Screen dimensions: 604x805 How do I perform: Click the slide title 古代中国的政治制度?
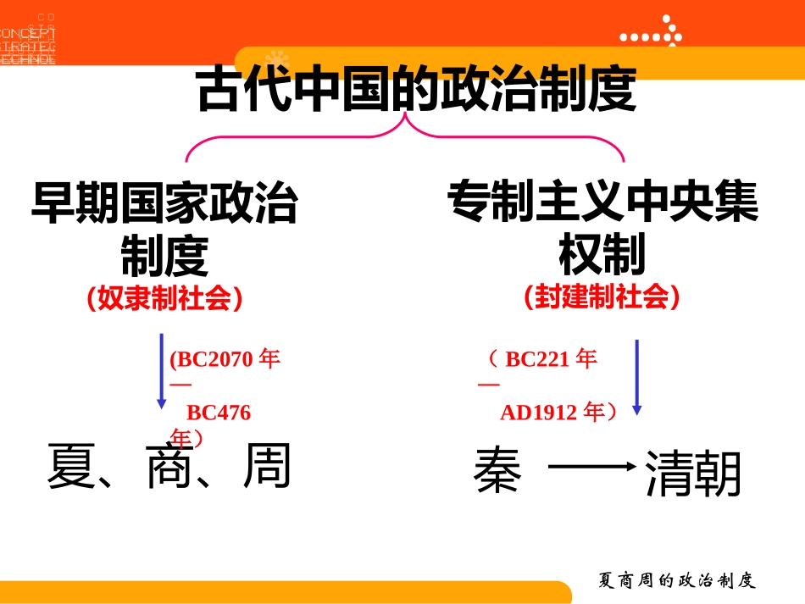point(415,90)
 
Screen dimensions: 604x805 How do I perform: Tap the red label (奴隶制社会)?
point(164,298)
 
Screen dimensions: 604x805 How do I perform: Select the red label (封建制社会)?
point(602,296)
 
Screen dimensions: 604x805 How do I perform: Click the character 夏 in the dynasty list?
point(73,467)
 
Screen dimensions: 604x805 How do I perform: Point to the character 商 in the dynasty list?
point(170,467)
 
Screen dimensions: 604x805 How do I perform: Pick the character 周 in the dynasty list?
point(267,466)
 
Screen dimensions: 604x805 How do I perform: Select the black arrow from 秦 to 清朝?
point(592,466)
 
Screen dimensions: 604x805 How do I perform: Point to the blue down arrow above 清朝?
point(636,377)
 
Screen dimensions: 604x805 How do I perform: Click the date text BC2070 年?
point(225,359)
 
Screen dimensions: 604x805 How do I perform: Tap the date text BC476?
point(219,413)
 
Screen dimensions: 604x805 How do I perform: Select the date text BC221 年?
point(551,359)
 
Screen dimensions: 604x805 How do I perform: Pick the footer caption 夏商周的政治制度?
point(675,581)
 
